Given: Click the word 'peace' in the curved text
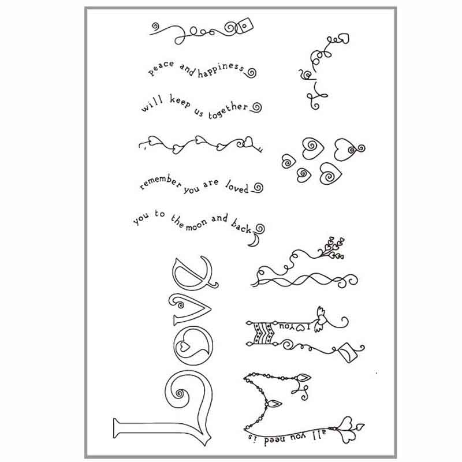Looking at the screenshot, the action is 161,68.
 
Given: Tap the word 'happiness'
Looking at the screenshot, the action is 221,70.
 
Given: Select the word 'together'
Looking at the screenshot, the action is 228,110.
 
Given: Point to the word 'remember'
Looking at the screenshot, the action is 161,182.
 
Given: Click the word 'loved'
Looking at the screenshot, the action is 237,187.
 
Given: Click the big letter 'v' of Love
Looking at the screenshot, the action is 190,310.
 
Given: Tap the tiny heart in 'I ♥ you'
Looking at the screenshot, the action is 300,327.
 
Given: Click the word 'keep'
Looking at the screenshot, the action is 180,102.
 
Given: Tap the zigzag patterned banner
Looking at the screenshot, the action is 263,333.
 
